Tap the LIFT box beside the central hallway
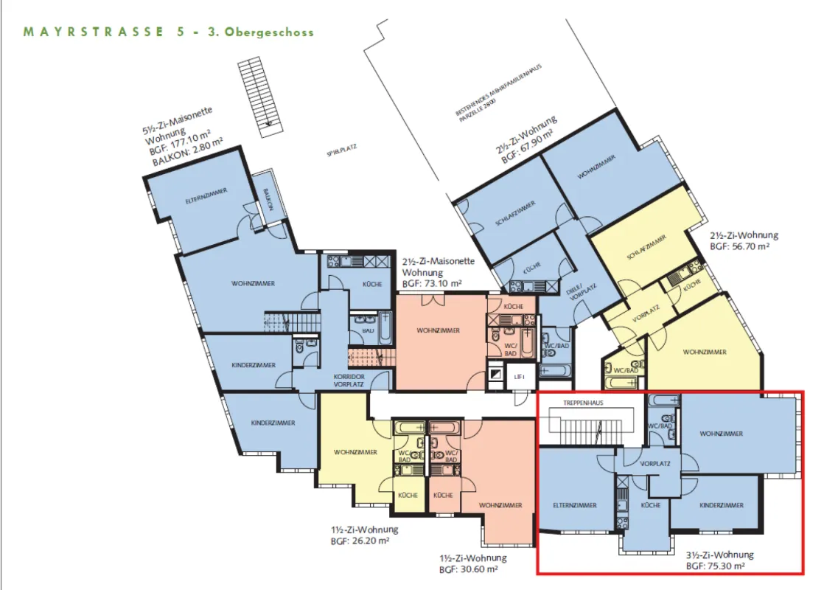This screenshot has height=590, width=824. (519, 376)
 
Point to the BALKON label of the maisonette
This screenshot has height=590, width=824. (266, 200)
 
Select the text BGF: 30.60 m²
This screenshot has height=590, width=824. (469, 569)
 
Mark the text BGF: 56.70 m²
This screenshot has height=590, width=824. (739, 247)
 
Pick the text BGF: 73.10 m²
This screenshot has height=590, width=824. (432, 282)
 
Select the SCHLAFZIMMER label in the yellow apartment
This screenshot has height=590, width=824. (646, 248)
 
